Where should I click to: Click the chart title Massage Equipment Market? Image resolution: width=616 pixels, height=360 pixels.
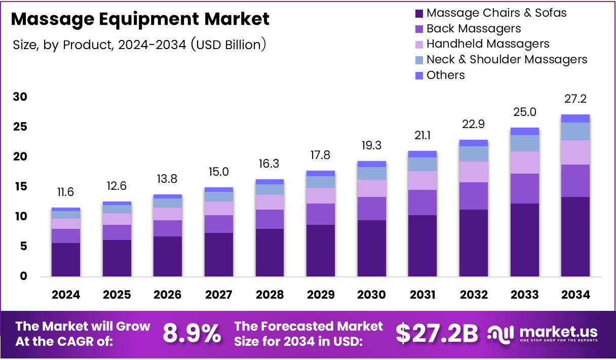click(x=140, y=19)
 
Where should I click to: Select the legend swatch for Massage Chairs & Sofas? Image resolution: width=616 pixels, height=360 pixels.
click(x=419, y=13)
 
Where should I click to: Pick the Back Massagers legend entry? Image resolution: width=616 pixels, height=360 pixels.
click(x=473, y=28)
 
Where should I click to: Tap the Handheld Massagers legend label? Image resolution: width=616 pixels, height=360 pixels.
click(x=487, y=44)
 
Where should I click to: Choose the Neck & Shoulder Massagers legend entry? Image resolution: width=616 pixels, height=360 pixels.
click(x=507, y=59)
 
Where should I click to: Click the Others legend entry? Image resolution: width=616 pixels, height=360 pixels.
click(x=445, y=75)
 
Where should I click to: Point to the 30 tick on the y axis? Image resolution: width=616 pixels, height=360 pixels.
click(x=20, y=97)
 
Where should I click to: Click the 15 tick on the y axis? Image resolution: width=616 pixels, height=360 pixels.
click(x=20, y=187)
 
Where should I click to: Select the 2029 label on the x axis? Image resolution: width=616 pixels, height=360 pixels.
click(x=320, y=295)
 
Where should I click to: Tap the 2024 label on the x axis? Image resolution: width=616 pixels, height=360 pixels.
click(x=66, y=295)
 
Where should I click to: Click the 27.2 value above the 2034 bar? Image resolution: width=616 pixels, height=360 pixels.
click(x=575, y=99)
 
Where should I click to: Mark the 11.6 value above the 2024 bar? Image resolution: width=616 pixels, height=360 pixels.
click(x=66, y=192)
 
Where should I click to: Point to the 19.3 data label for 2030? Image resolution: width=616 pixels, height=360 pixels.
click(x=371, y=145)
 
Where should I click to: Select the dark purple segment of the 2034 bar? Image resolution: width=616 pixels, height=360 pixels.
click(x=575, y=236)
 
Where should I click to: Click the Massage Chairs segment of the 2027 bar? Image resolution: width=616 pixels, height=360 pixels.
click(x=218, y=254)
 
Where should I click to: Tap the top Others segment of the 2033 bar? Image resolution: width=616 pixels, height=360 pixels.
click(x=524, y=131)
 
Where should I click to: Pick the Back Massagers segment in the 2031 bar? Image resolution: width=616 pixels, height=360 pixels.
click(x=422, y=203)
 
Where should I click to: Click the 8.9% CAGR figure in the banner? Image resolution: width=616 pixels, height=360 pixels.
click(x=191, y=334)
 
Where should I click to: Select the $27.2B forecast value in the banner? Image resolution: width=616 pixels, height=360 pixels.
click(x=437, y=334)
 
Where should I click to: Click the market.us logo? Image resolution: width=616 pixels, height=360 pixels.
click(x=543, y=334)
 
